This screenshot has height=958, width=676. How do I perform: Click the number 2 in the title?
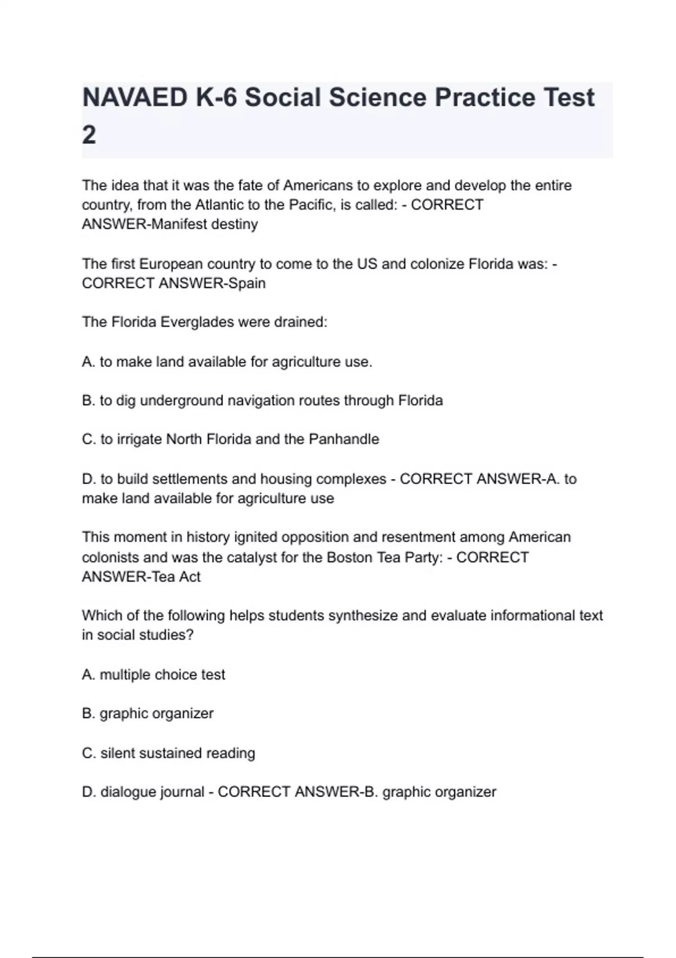[89, 135]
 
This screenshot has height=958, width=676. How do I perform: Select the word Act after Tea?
[190, 576]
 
